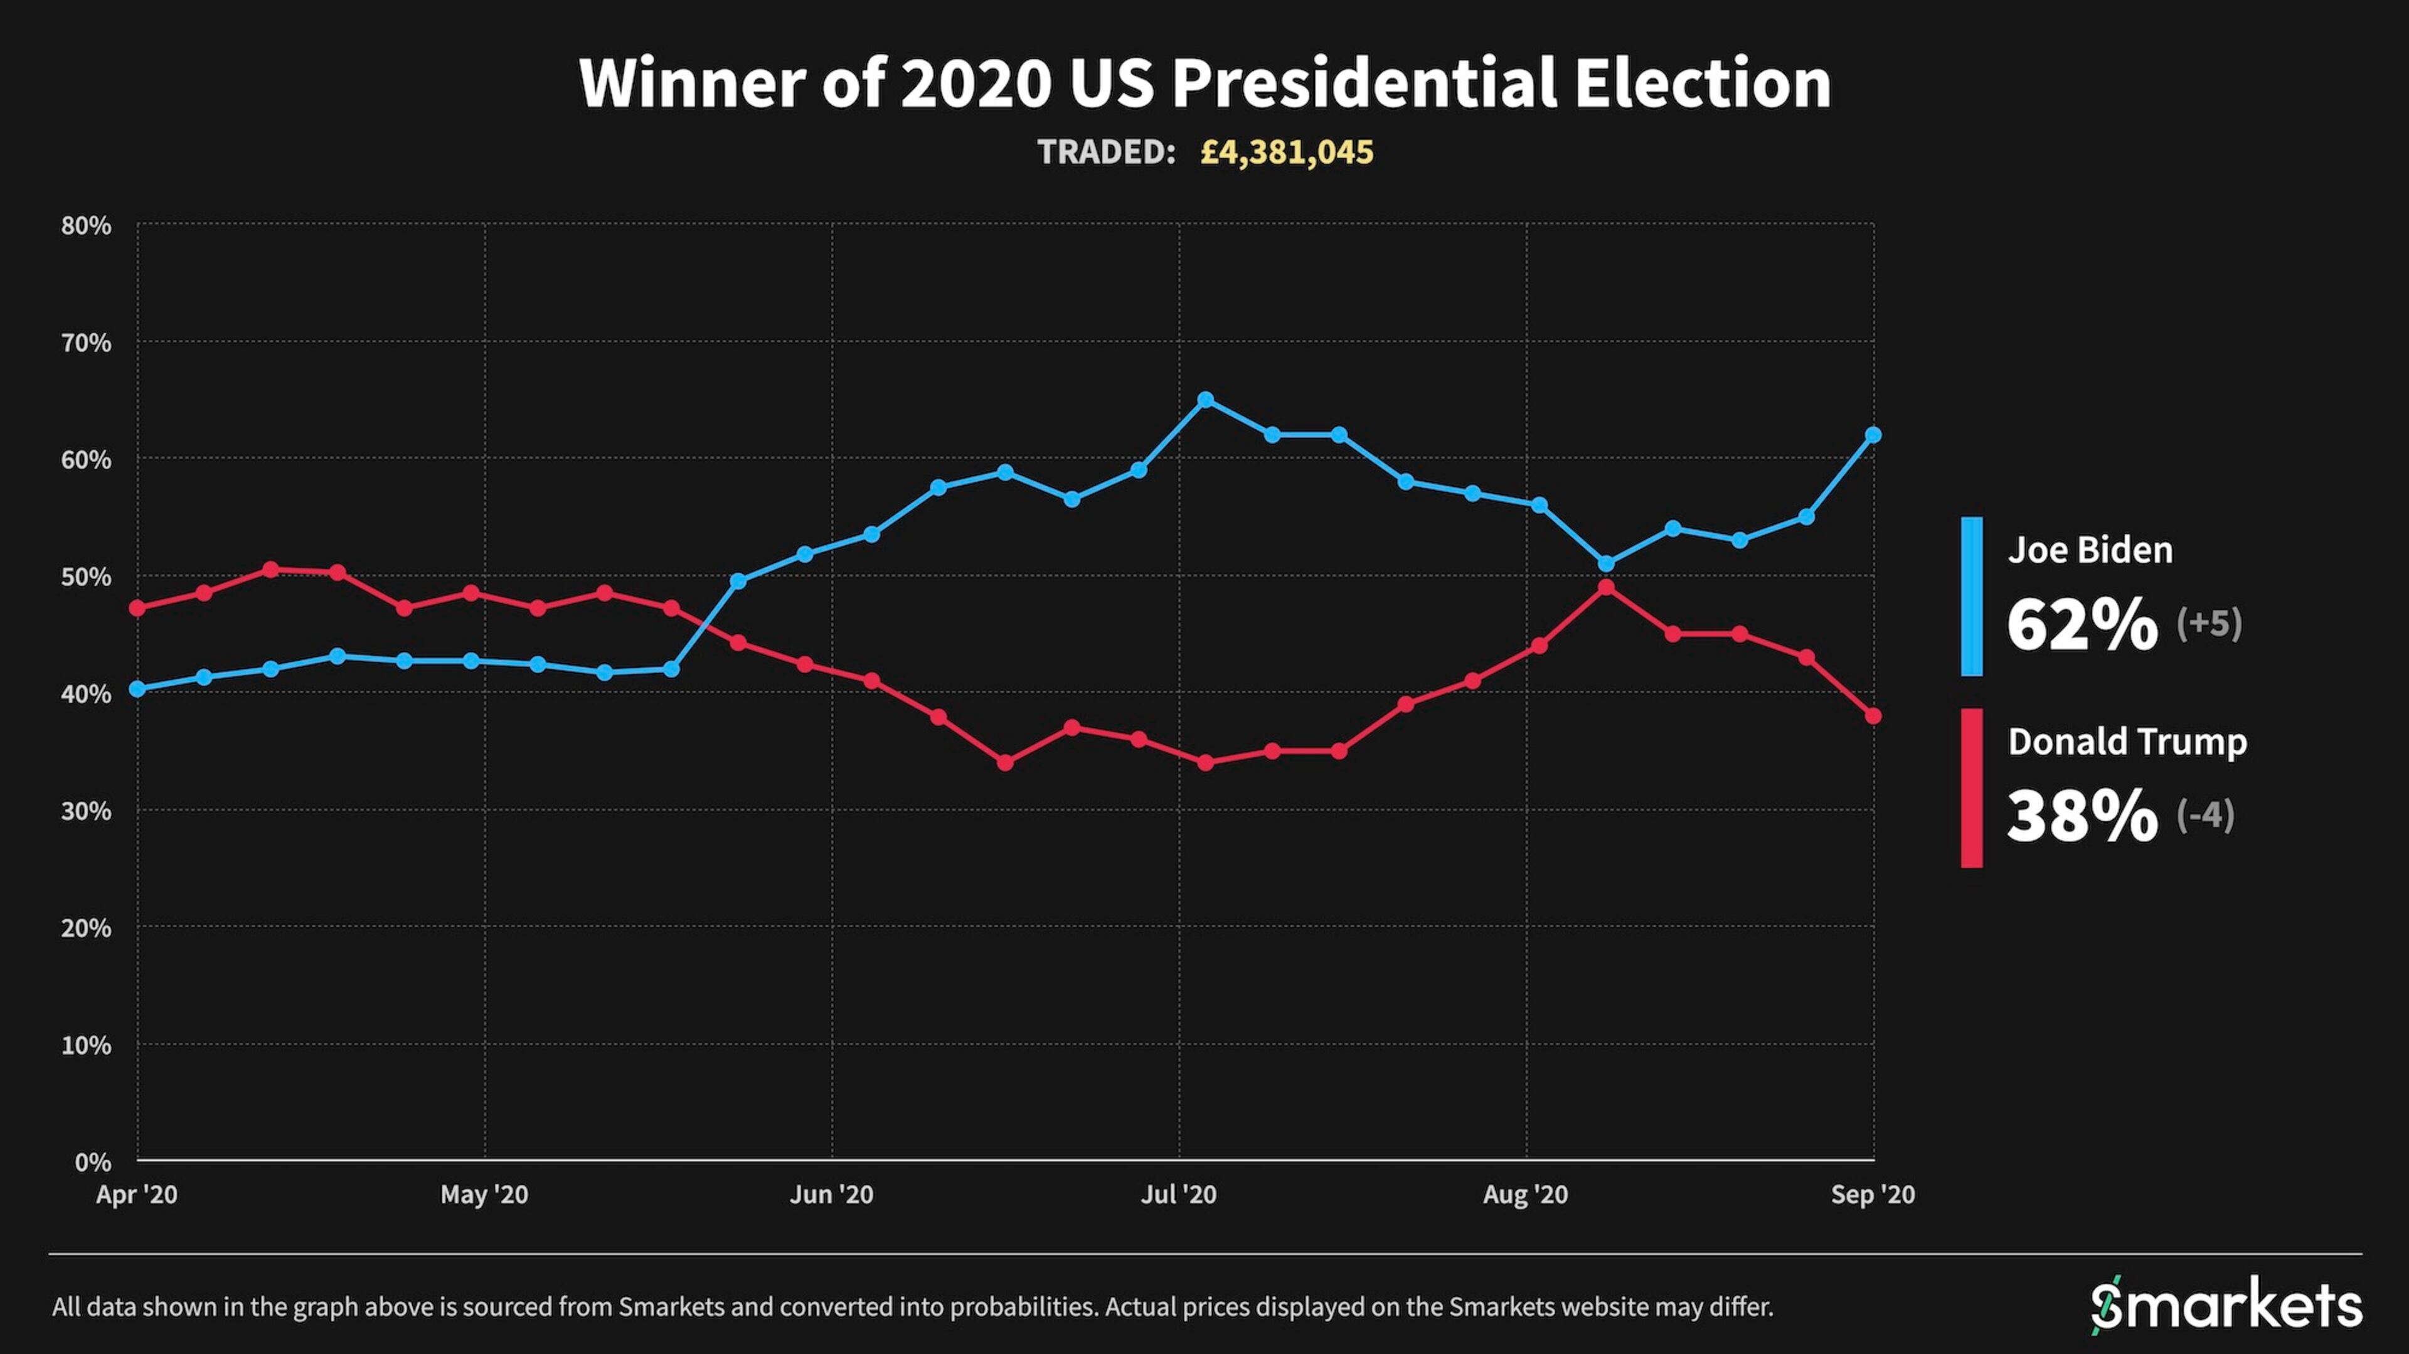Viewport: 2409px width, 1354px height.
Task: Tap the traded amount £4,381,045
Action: [x=1287, y=152]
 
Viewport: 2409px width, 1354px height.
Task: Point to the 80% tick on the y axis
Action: [x=86, y=225]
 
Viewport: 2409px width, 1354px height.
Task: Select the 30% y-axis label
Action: [x=86, y=811]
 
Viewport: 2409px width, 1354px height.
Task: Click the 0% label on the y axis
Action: [x=93, y=1162]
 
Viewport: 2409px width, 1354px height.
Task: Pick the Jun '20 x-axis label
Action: [x=831, y=1194]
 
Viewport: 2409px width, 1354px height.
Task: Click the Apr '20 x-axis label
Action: [x=137, y=1194]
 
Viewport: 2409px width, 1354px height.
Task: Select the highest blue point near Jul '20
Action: [x=1205, y=400]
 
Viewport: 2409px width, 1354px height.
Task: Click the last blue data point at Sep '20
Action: [x=1873, y=435]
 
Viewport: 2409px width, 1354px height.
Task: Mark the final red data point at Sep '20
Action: [x=1873, y=717]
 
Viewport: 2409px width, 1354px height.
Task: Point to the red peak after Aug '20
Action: [x=1606, y=587]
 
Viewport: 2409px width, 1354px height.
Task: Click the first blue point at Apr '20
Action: [x=137, y=689]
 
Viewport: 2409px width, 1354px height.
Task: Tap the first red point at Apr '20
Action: [x=137, y=608]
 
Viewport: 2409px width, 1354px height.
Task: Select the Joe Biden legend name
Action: [x=2090, y=550]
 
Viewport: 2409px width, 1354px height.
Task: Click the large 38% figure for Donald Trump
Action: [x=2083, y=816]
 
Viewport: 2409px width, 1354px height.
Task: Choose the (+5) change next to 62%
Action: [x=2209, y=623]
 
